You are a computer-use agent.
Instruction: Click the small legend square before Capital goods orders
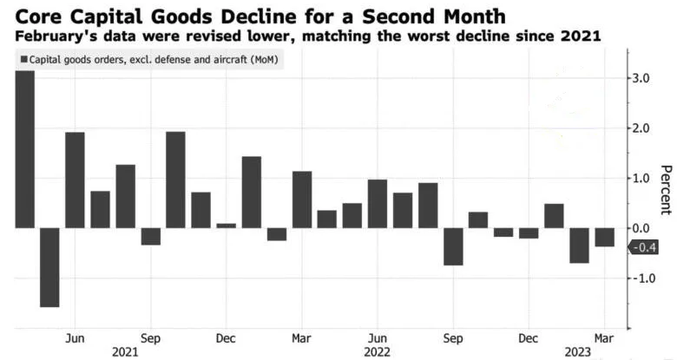click(23, 60)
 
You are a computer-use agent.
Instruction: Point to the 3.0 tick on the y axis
click(641, 79)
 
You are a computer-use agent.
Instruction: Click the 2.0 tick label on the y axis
click(641, 128)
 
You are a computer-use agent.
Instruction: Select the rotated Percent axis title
click(665, 189)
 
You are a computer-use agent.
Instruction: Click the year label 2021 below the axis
click(125, 350)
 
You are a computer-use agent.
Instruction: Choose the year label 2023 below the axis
click(577, 350)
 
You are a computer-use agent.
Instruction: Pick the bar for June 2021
click(75, 180)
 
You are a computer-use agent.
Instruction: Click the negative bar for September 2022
click(452, 246)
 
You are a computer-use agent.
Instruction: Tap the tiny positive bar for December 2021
click(226, 226)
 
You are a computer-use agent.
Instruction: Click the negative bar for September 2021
click(150, 236)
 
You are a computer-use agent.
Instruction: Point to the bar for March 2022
click(301, 200)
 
